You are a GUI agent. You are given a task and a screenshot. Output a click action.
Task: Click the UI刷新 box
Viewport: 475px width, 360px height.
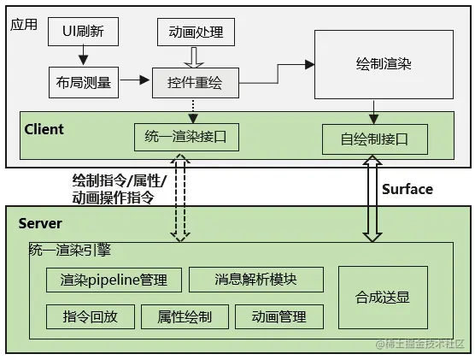coord(82,32)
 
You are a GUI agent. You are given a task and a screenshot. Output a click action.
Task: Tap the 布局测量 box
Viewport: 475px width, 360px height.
coord(82,82)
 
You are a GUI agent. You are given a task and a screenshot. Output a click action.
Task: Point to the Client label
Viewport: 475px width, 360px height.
coord(44,129)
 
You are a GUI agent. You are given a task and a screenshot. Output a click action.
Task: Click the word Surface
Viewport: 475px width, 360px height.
coord(407,189)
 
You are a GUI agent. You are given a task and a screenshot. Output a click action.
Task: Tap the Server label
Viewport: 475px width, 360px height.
coord(40,223)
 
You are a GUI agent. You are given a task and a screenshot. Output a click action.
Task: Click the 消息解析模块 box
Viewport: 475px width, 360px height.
coord(255,280)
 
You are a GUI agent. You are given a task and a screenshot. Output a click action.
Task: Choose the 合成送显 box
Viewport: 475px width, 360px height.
coord(382,297)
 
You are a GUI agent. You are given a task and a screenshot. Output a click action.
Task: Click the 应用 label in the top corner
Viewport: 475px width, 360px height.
coord(24,24)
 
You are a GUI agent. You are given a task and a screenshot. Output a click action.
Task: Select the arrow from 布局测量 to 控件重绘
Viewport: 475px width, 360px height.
coord(132,82)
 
